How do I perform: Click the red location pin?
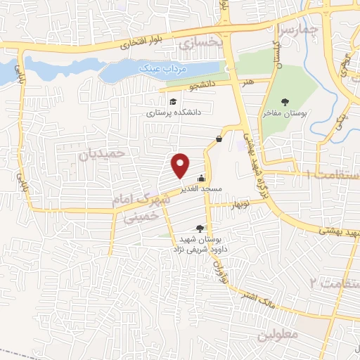pos(181,165)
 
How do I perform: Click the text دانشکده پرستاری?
pos(174,112)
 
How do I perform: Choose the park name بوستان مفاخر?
pos(280,112)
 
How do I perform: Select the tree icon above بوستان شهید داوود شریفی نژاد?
pos(200,228)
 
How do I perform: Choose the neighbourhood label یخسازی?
pos(200,43)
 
